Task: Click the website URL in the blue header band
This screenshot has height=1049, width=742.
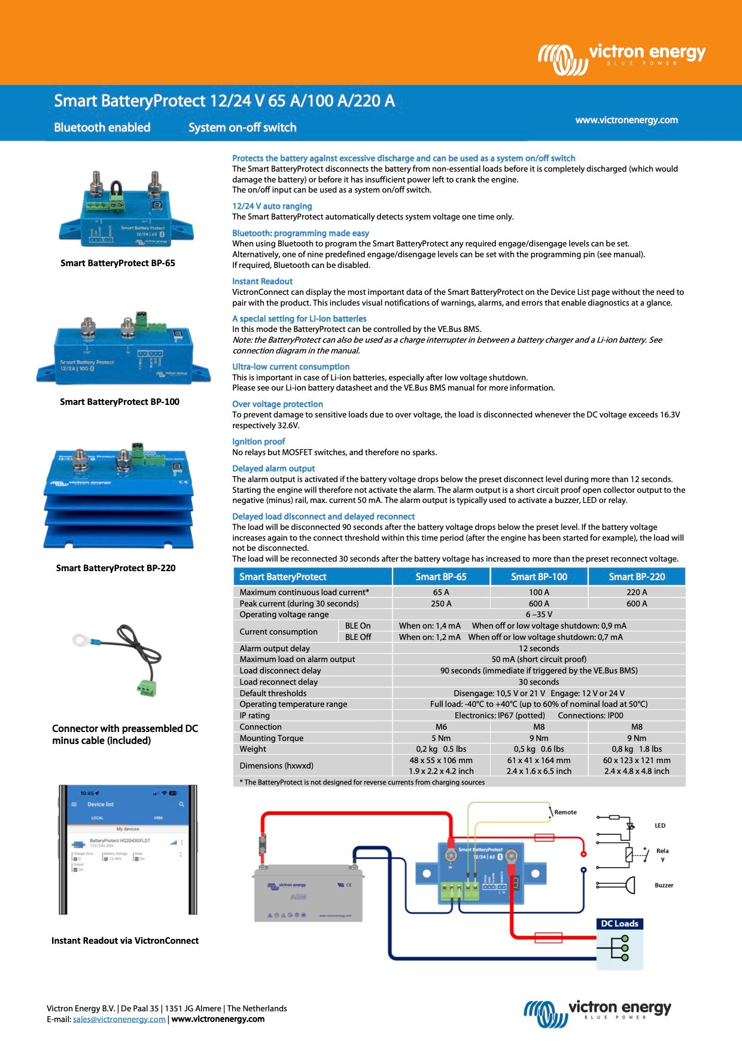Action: coord(627,120)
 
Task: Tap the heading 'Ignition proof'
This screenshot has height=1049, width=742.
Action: coord(259,441)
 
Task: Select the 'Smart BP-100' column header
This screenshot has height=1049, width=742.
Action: coord(539,577)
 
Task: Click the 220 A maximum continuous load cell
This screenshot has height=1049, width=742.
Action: coord(637,592)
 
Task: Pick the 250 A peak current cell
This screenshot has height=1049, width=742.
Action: coord(441,603)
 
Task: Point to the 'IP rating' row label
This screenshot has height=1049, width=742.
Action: coord(255,715)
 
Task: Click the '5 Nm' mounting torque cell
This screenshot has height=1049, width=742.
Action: coord(441,738)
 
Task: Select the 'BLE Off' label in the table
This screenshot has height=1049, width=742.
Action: coord(358,637)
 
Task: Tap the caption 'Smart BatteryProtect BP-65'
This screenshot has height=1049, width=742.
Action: coord(118,263)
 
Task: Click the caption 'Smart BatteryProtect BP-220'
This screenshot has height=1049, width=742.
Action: coord(116,568)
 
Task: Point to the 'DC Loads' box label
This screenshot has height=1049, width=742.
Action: coord(619,923)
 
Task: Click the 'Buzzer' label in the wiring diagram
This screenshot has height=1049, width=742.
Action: coord(664,885)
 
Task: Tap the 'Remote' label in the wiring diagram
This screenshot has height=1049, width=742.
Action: coord(565,812)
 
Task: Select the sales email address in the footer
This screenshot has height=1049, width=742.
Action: coord(119,1019)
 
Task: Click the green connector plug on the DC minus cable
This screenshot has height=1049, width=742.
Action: coord(146,688)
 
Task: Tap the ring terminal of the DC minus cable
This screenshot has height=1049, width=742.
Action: coord(81,640)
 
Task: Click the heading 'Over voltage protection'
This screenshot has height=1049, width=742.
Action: coord(278,404)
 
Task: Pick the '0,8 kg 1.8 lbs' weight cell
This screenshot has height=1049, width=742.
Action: coord(637,749)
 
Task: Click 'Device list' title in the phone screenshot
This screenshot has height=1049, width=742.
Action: coord(101,804)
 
